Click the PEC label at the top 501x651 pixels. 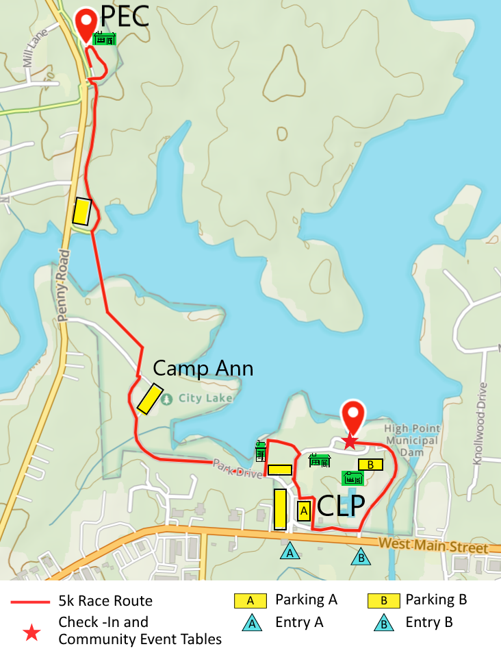tap(125, 16)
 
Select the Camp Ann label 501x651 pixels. tap(203, 369)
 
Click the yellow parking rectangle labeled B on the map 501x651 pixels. tap(370, 465)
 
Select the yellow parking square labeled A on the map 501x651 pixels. tap(304, 510)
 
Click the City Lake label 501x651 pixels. tap(206, 398)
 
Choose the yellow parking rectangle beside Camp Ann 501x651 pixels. tap(149, 399)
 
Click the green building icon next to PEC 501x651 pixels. tap(104, 38)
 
